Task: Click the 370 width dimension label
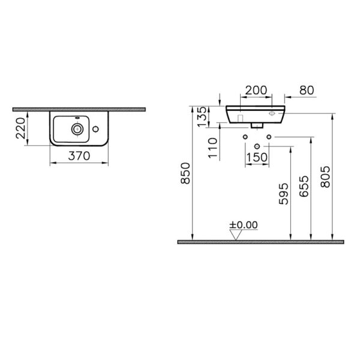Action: [79, 156]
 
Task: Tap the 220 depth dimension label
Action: [20, 128]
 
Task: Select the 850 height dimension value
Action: [185, 173]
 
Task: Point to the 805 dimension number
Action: [325, 177]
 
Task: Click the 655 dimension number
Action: [304, 187]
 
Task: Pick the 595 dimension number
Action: [283, 194]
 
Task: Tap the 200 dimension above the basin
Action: [256, 90]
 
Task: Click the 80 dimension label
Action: [307, 90]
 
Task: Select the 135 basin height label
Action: [202, 116]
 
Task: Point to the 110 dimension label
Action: [212, 148]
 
